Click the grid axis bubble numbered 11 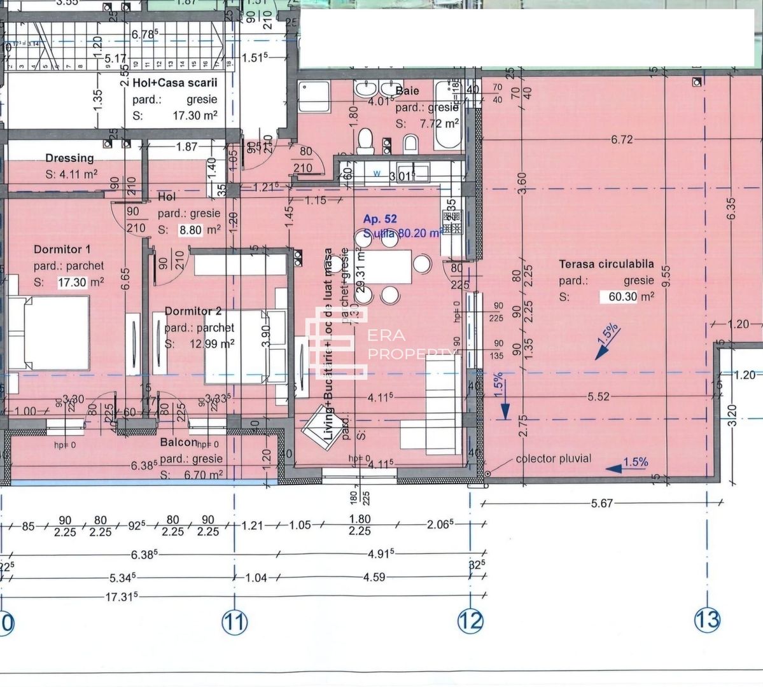pos(235,622)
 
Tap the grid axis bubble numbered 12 pos(470,621)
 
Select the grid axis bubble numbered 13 pos(707,619)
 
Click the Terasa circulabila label pos(606,264)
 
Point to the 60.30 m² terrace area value pos(627,296)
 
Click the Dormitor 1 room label pos(62,249)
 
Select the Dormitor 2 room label pos(193,311)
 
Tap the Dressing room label pos(69,158)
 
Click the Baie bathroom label pos(407,91)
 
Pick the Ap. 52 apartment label pos(380,219)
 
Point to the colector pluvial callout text pos(553,458)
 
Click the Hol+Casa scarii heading pos(175,83)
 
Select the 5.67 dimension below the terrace pos(601,503)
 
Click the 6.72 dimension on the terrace pos(622,139)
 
